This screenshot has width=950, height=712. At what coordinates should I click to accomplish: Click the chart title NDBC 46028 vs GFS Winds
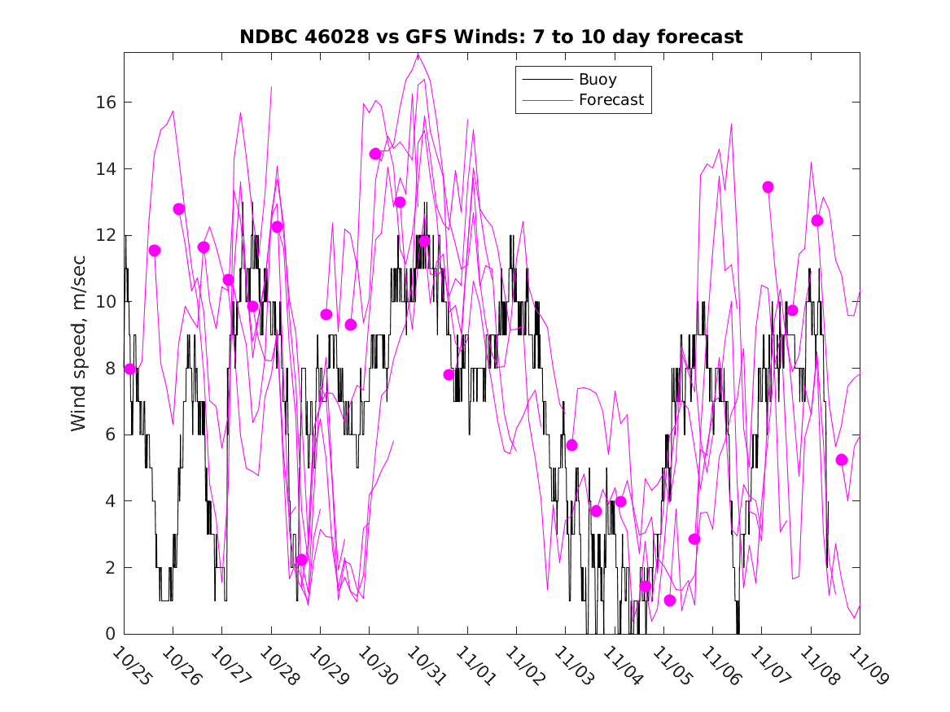click(x=491, y=37)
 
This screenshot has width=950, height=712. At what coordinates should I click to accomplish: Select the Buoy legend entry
click(x=598, y=80)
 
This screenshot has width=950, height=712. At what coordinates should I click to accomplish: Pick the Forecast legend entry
click(x=611, y=100)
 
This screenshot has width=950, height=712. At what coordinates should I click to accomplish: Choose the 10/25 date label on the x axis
click(x=132, y=667)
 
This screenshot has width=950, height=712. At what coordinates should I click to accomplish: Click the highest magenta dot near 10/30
click(x=375, y=154)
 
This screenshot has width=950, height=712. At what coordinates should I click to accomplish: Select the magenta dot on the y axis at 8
click(x=130, y=369)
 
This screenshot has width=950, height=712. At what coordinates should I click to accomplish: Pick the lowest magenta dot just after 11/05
click(x=670, y=601)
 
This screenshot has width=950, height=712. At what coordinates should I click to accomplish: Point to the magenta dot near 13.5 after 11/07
click(x=768, y=187)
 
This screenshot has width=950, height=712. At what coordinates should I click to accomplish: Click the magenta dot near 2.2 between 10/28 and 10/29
click(x=302, y=560)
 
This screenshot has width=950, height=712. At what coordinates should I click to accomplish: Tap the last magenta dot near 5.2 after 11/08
click(x=842, y=460)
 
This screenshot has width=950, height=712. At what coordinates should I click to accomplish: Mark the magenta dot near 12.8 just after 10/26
click(x=179, y=209)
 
